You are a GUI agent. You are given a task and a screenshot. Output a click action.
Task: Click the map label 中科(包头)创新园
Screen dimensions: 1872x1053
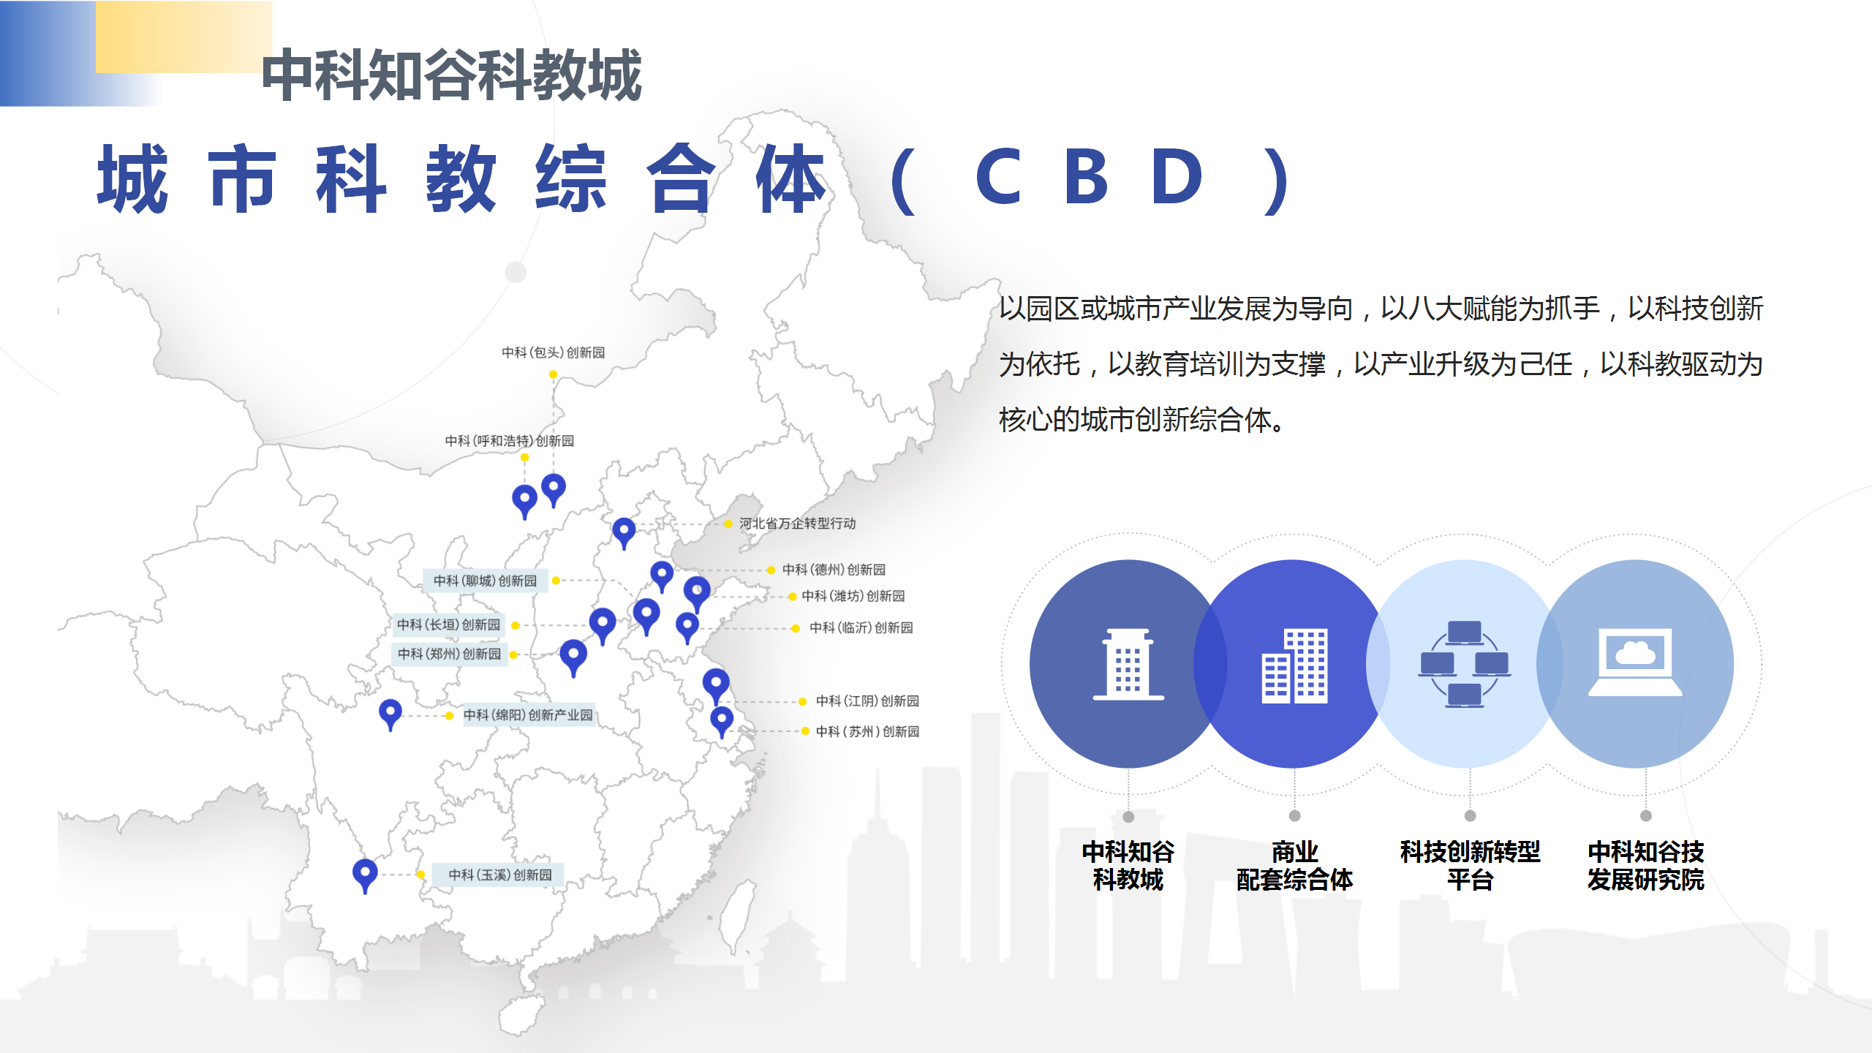(x=554, y=352)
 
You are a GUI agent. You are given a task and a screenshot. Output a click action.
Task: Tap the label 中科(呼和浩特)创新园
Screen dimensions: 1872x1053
(x=510, y=441)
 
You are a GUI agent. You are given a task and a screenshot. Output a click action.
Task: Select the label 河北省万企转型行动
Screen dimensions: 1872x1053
(x=797, y=524)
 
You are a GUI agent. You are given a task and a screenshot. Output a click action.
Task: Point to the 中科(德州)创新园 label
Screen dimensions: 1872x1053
(x=834, y=570)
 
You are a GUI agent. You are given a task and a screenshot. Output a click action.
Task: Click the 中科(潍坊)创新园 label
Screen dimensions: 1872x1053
(x=853, y=596)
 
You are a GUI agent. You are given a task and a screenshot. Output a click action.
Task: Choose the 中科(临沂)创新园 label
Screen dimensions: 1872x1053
(x=861, y=627)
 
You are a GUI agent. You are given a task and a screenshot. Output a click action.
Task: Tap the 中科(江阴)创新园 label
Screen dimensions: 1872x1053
(x=867, y=701)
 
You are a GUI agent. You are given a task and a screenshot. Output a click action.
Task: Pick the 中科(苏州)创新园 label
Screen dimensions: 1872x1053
(x=867, y=731)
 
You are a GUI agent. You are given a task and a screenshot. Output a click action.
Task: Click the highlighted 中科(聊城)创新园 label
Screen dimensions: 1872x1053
(x=486, y=581)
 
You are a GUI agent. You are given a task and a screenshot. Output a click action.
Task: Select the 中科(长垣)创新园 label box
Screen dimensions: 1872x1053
(x=449, y=624)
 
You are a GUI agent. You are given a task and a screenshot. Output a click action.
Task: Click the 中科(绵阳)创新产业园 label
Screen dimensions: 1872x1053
(x=528, y=714)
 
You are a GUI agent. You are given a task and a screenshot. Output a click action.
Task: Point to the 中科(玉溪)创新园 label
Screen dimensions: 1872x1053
(x=500, y=875)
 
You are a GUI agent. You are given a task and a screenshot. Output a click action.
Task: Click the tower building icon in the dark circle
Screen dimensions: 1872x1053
(x=1128, y=665)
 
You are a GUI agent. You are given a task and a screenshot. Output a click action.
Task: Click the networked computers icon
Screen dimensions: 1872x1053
(x=1465, y=664)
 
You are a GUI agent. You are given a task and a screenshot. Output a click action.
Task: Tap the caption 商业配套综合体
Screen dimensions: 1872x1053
(x=1294, y=866)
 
